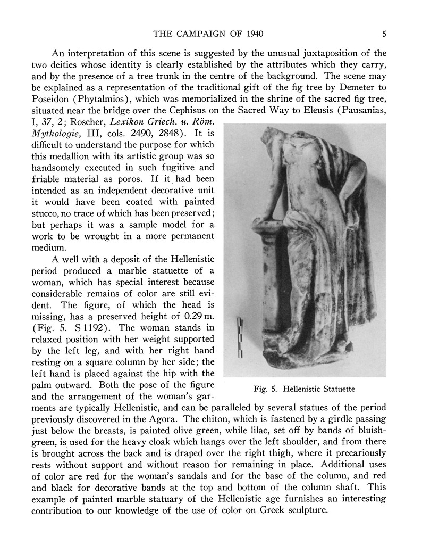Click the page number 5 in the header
pyautogui.click(x=384, y=35)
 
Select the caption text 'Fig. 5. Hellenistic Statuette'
pyautogui.click(x=304, y=389)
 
